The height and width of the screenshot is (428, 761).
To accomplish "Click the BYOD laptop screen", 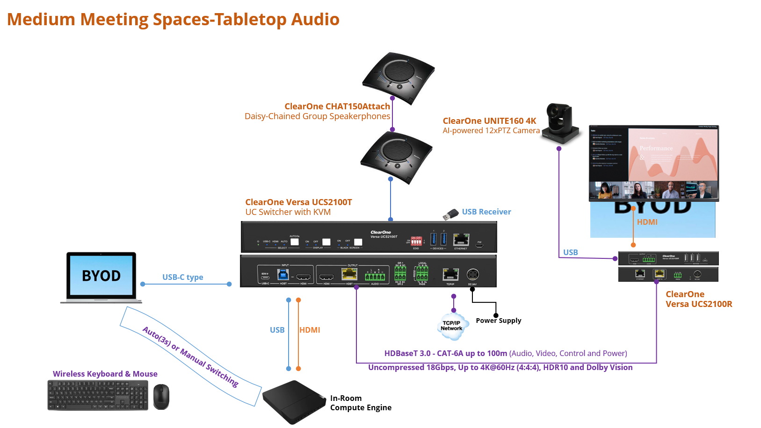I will click(101, 276).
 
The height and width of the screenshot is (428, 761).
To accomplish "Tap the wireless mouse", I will click(161, 396).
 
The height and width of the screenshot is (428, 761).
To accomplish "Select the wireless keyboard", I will click(98, 395).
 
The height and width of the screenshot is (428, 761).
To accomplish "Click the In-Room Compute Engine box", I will click(294, 401).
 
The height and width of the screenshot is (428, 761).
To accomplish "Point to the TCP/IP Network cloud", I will click(451, 326).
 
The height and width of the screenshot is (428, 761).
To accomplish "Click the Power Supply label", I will click(498, 321).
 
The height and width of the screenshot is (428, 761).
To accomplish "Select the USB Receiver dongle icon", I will click(451, 214).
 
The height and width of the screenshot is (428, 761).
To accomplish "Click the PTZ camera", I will click(561, 124).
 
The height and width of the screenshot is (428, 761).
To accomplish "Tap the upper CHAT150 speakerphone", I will click(399, 77).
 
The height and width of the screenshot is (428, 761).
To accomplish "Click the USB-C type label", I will click(182, 277).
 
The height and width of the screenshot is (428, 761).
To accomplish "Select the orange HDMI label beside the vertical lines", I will click(310, 330).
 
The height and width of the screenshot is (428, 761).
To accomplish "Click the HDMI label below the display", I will click(647, 222).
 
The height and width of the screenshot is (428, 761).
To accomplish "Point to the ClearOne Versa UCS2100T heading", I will click(298, 202).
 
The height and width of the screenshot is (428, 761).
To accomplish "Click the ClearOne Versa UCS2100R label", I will click(698, 299).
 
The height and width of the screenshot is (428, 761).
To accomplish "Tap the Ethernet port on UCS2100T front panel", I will click(461, 240).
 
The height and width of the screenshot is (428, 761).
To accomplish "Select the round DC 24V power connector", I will click(472, 274).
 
